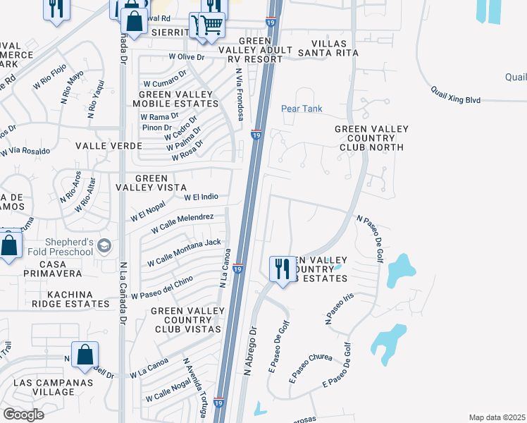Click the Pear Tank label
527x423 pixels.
tap(302, 109)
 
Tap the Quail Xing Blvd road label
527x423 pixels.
tap(456, 96)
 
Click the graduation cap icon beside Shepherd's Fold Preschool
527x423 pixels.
tap(104, 245)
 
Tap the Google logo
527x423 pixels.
tap(23, 415)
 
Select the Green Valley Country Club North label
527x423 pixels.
tap(369, 138)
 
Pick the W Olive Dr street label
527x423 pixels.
tap(187, 56)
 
